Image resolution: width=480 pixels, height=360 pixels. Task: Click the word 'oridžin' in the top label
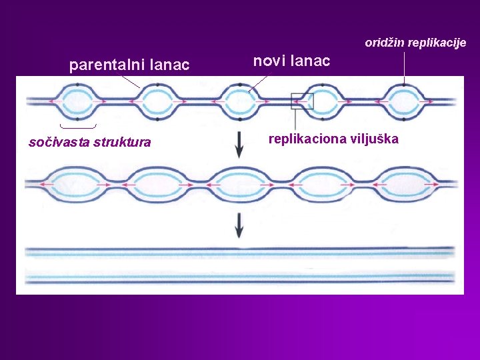[383, 43]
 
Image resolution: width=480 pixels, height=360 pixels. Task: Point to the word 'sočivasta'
[59, 142]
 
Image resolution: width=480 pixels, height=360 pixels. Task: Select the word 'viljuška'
[376, 139]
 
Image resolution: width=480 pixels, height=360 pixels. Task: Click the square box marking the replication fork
[302, 101]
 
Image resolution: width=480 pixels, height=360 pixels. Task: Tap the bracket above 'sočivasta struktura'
[78, 125]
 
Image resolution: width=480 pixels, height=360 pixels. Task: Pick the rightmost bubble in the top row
[403, 101]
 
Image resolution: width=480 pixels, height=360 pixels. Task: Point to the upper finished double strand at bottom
[240, 252]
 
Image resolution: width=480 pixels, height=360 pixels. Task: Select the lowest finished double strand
[240, 276]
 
